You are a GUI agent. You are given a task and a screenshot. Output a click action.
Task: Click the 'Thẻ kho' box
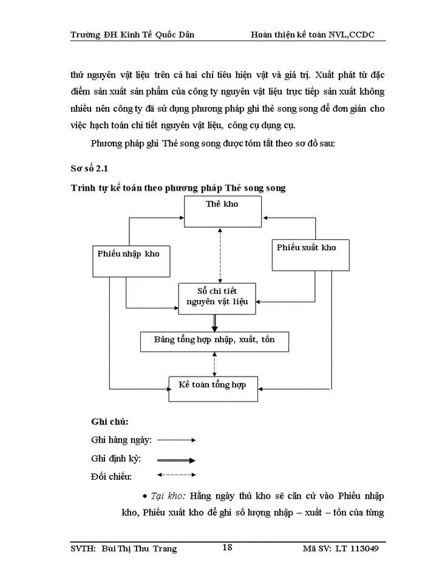pos(222,211)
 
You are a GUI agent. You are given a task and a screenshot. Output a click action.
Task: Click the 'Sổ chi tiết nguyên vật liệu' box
pos(217,298)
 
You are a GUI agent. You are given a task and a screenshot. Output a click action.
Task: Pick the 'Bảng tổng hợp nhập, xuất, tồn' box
pos(214,340)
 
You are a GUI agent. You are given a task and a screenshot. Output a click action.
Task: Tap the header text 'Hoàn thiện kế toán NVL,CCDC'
pos(312,35)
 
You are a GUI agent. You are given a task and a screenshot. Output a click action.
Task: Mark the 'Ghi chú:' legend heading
pos(109,421)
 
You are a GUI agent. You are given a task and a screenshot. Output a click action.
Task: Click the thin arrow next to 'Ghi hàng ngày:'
pos(177,440)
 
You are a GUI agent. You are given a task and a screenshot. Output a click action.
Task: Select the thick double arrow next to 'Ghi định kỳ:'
pos(177,460)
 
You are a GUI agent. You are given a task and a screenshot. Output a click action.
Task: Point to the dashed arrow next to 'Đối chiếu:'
pos(177,475)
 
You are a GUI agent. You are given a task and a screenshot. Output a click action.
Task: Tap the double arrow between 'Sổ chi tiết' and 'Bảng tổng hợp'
pos(214,322)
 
